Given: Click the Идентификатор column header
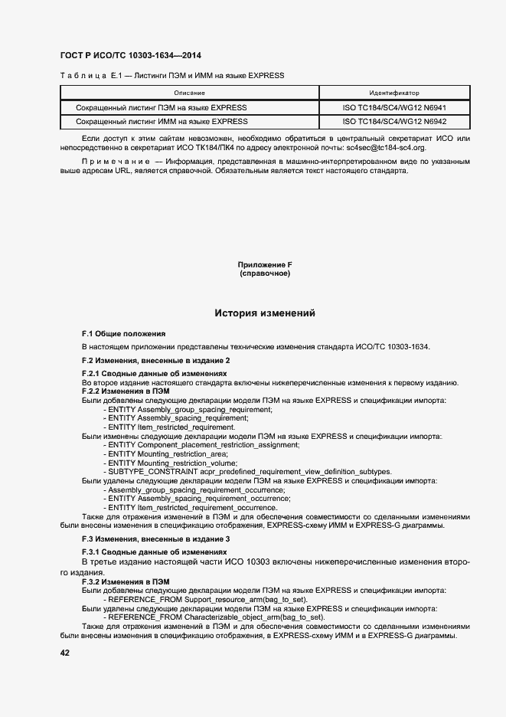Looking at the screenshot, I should point(393,93).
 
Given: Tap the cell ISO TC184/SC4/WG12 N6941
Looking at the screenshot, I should point(394,108).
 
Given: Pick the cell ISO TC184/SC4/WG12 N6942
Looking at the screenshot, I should point(394,122).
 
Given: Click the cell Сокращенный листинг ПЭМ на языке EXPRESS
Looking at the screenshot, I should point(162,108).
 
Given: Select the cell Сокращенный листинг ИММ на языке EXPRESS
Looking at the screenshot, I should point(162,122).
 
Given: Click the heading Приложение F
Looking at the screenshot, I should point(265,265).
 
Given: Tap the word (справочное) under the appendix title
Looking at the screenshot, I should point(265,273).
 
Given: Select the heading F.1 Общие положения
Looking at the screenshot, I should point(123,335).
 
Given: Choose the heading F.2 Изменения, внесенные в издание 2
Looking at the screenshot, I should point(156,360).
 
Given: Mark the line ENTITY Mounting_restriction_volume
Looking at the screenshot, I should point(173,463).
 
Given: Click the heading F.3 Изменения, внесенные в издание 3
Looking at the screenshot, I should point(156,540).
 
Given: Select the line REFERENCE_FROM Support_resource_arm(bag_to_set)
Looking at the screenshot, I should point(207,600).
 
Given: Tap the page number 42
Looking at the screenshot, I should point(65,653).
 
